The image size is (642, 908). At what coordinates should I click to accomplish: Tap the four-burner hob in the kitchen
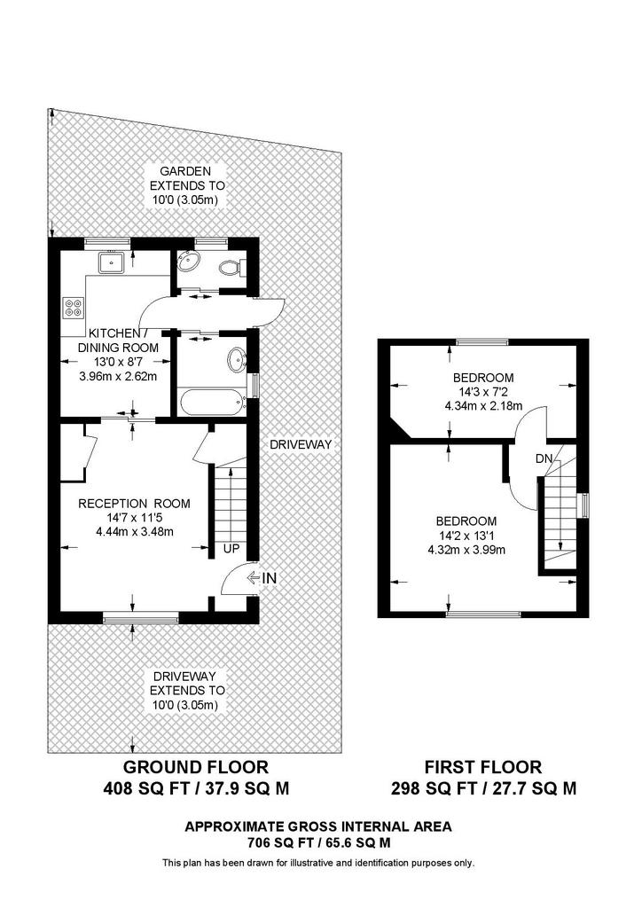[74, 307]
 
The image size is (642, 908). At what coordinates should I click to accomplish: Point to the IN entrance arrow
[253, 578]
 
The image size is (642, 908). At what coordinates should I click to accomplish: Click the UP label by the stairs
[231, 549]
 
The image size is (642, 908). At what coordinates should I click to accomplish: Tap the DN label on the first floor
[544, 458]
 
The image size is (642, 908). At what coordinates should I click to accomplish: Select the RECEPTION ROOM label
[134, 504]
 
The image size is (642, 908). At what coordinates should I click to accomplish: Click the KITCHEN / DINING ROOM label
[118, 340]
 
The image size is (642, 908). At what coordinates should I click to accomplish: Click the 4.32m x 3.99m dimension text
[466, 550]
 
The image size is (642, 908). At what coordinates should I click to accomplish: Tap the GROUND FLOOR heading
[196, 767]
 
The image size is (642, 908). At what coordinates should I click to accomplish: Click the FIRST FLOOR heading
[483, 767]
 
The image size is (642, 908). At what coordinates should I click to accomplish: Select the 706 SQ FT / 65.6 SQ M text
[318, 843]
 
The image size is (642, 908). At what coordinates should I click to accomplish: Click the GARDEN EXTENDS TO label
[187, 178]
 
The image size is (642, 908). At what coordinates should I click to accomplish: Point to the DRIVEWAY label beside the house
[301, 444]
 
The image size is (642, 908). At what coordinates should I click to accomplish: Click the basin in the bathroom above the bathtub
[236, 360]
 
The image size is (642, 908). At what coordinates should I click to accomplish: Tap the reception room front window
[141, 618]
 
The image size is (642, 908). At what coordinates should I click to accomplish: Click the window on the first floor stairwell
[584, 505]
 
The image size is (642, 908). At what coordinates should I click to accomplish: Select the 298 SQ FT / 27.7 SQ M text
[484, 788]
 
